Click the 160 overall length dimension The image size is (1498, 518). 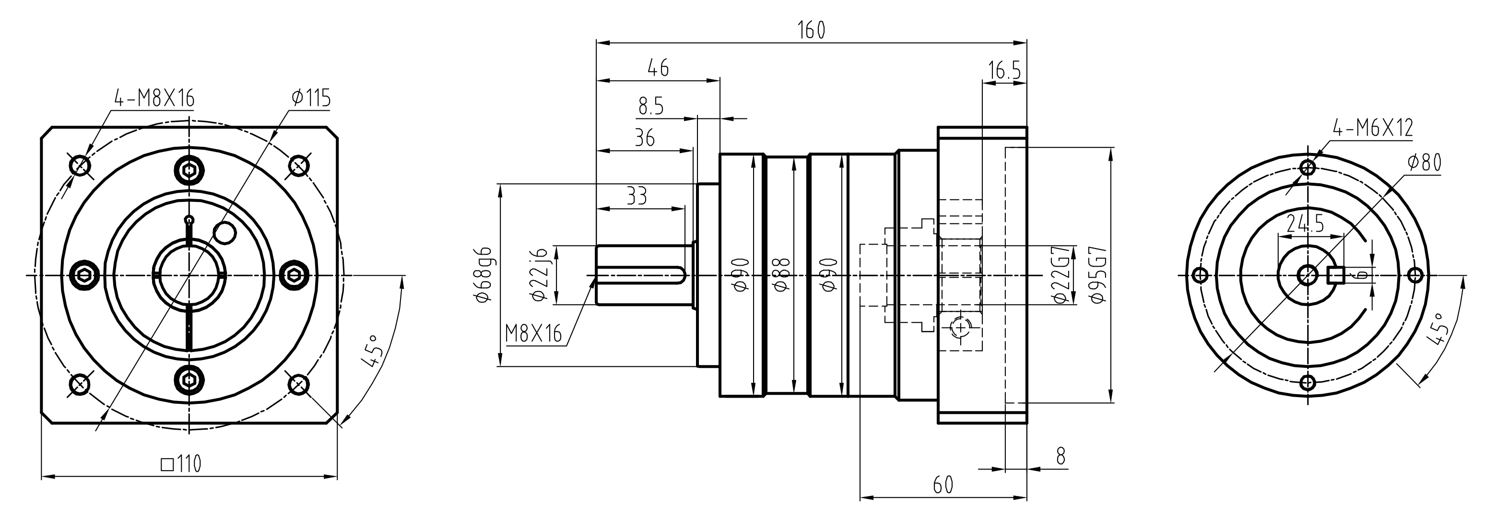click(x=811, y=30)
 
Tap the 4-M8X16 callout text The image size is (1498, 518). click(x=153, y=98)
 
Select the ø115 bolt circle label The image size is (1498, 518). click(x=311, y=98)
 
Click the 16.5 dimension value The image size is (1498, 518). click(x=1004, y=71)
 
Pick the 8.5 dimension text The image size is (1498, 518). click(x=651, y=106)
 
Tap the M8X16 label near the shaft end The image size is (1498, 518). click(x=534, y=334)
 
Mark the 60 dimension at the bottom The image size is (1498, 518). click(x=943, y=484)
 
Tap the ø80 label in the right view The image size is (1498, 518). click(x=1424, y=163)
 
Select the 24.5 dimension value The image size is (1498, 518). click(x=1305, y=223)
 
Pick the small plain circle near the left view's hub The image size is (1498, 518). click(x=224, y=233)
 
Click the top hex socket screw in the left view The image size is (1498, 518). click(x=189, y=170)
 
